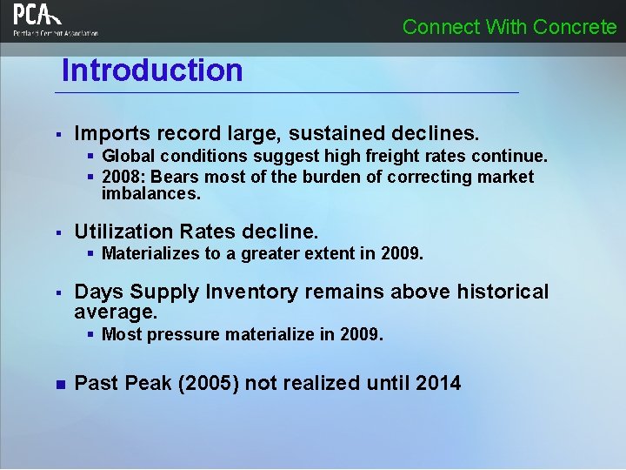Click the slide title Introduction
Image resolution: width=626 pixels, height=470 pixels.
[x=152, y=70]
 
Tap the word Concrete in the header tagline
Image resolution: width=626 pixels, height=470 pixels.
[x=575, y=27]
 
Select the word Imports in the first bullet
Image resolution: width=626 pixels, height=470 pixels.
[x=110, y=133]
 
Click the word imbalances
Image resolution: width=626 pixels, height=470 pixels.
[x=150, y=193]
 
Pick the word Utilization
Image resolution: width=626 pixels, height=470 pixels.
[x=123, y=232]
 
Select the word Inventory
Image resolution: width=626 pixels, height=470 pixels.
[x=251, y=292]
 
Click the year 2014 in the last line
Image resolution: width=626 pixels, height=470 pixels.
[x=438, y=383]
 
